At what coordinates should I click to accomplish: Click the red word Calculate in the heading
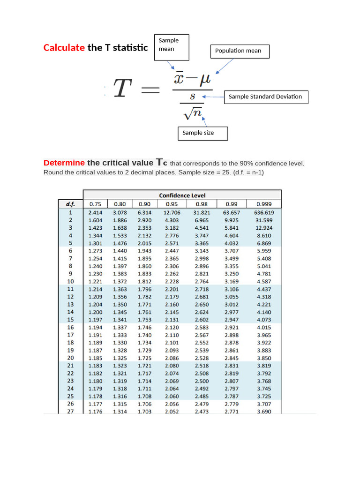64,47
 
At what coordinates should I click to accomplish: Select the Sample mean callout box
172,47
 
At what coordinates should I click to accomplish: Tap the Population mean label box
240,51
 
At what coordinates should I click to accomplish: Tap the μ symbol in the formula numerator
205,79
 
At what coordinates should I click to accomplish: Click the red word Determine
64,163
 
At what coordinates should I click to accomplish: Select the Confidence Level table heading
182,195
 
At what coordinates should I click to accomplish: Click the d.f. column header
70,204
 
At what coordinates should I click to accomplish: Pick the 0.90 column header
144,204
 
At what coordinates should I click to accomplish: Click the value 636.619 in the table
265,212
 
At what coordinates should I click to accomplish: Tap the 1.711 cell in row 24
144,389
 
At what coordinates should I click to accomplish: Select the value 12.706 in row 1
172,212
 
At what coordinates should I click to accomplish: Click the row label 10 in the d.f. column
70,281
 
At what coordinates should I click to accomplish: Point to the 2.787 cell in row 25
232,396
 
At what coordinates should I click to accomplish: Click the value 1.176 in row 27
96,412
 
